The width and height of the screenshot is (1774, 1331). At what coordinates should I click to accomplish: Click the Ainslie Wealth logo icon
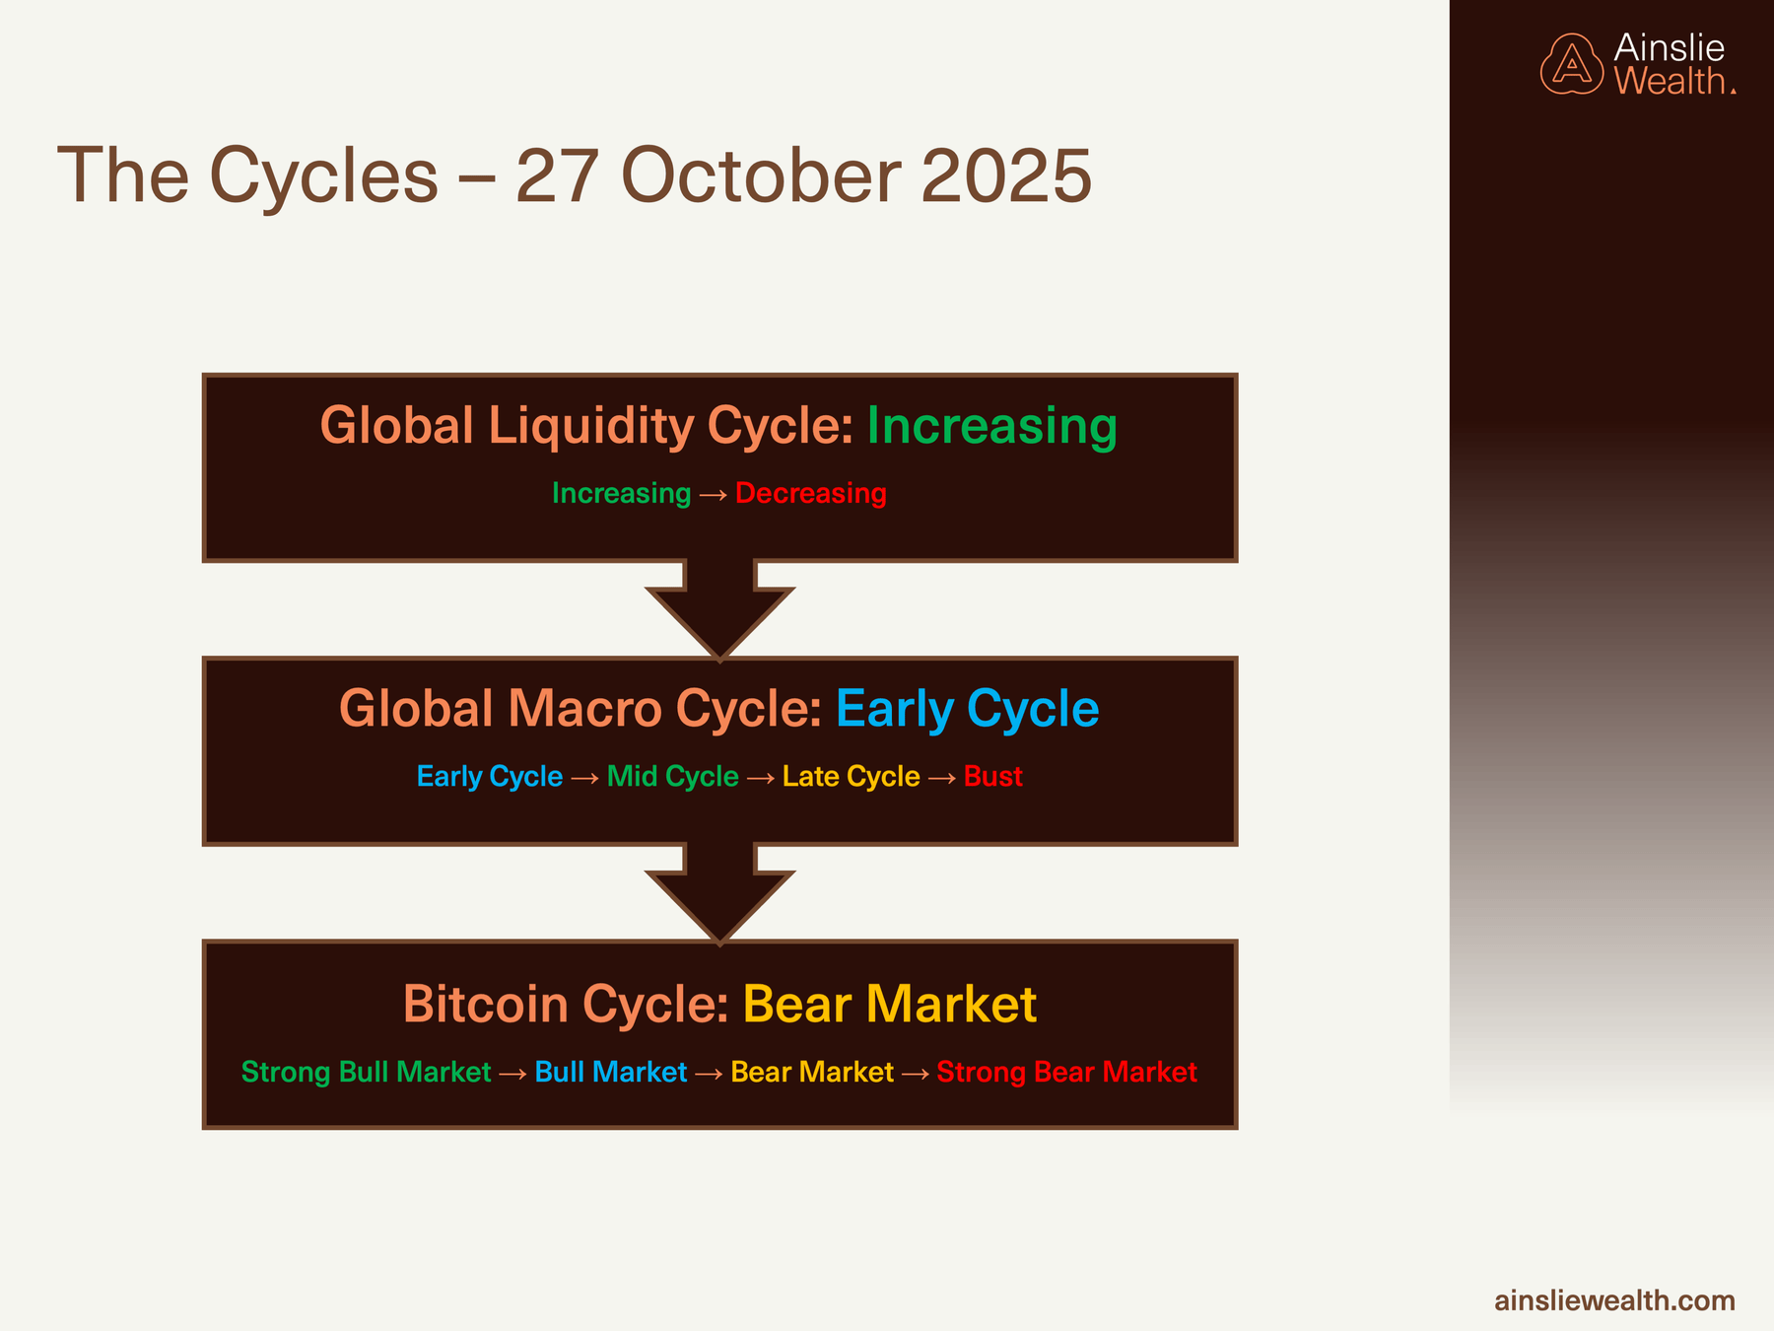pos(1572,65)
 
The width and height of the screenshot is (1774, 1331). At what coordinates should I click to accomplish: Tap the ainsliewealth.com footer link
pos(1614,1300)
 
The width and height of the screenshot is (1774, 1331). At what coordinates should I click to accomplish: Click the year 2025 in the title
pos(1005,176)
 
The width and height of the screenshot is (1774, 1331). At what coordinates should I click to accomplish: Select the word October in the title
pos(761,176)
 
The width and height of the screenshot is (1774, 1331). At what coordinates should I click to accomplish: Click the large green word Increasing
pos(991,426)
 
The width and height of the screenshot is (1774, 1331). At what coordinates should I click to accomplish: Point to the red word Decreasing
pos(810,493)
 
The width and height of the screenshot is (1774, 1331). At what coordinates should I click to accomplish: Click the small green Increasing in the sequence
pos(621,493)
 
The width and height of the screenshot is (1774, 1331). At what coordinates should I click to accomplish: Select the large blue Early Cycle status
pos(967,709)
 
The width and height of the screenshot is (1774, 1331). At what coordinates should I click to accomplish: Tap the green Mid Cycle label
pos(672,777)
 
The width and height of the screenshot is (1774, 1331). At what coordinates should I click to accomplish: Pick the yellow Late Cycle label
pos(851,777)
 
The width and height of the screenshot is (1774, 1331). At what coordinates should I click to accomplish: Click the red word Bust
pos(992,777)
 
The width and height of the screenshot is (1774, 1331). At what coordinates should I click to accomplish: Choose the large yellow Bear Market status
pos(889,1005)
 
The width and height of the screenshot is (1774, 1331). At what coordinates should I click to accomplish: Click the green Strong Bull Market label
pos(366,1072)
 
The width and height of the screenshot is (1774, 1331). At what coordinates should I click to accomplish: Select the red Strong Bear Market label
pos(1066,1072)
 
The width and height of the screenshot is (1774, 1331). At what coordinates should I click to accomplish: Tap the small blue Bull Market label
pos(610,1072)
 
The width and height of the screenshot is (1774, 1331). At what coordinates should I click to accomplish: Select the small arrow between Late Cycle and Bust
pos(942,778)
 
